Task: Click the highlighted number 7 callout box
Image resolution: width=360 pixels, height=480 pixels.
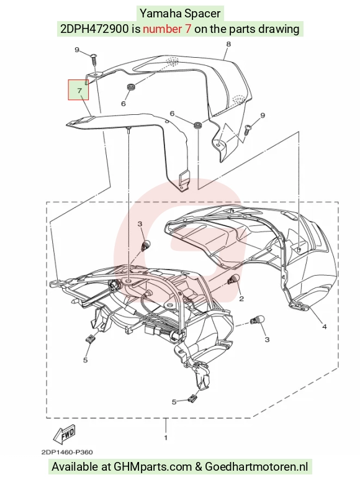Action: pos(78,89)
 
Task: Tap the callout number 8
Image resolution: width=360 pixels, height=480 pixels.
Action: pos(228,44)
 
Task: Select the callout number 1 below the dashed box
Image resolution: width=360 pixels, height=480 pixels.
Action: pos(166,438)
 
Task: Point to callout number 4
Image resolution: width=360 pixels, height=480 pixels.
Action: pos(325,327)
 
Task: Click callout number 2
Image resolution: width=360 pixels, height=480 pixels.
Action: pos(241,299)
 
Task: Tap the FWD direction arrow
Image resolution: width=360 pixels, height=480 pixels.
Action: pos(64,434)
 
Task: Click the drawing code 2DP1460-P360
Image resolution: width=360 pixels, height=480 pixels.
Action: pos(67,452)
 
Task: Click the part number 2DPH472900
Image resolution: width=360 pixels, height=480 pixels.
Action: pos(94,29)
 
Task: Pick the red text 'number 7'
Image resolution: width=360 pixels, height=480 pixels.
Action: pos(168,29)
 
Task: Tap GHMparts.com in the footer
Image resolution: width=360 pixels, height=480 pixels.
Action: pos(153,467)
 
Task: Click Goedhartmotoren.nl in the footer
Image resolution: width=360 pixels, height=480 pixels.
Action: pos(256,467)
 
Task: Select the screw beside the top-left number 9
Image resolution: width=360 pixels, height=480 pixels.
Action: pos(94,59)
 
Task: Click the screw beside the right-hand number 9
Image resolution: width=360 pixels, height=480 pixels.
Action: pos(248,129)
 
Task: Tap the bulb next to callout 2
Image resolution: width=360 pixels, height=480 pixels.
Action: pos(234,279)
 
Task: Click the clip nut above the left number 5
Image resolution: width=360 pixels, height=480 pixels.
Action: pos(89,338)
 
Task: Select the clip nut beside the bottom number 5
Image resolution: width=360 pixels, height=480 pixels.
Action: pos(191,398)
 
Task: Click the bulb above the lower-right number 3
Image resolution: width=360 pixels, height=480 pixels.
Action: pos(256,321)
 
